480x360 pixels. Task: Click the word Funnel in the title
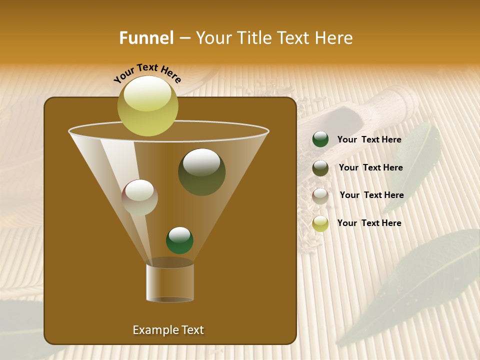146,38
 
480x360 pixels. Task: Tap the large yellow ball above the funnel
147,106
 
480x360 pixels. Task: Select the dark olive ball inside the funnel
202,171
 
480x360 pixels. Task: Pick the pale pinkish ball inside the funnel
139,197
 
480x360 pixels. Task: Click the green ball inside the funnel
179,240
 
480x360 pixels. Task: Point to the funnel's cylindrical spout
170,282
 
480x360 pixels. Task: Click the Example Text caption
168,330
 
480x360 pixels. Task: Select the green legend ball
320,139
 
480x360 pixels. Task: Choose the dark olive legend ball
320,168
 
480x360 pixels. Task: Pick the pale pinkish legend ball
320,195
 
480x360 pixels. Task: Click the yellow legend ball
320,223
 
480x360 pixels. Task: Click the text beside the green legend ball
369,140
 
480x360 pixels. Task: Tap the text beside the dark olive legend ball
370,167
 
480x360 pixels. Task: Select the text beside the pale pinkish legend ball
371,195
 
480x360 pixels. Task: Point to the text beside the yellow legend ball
369,223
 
